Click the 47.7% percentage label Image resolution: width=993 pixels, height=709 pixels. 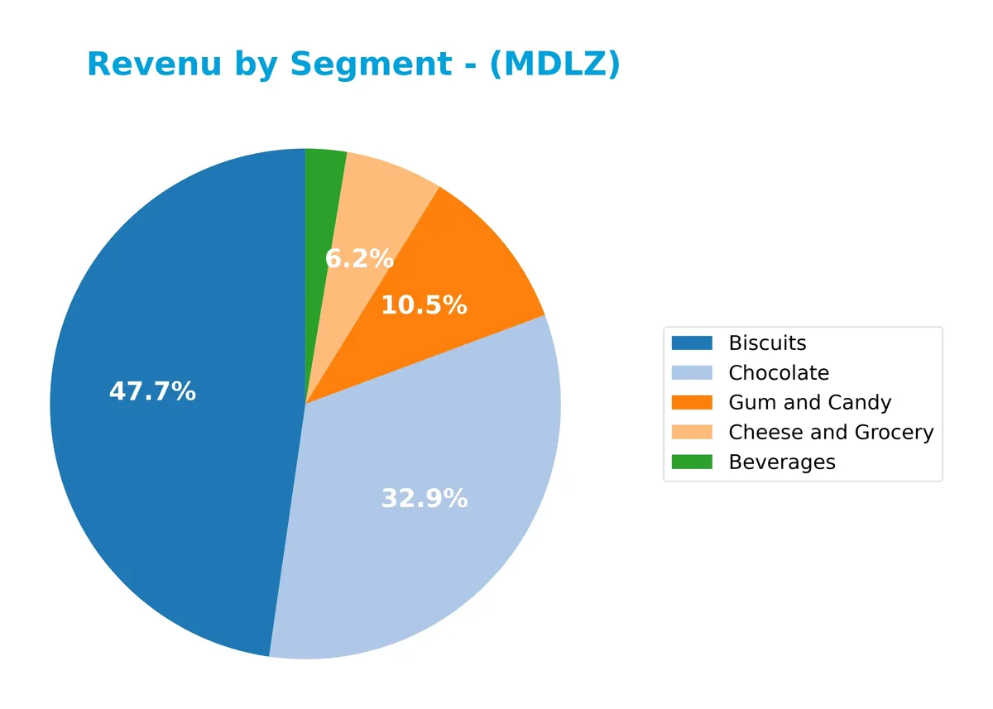click(152, 392)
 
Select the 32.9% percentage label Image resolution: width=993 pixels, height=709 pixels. click(424, 499)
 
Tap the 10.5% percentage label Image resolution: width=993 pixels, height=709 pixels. click(424, 306)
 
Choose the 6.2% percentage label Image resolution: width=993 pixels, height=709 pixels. click(359, 260)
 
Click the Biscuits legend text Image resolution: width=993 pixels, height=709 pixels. click(767, 343)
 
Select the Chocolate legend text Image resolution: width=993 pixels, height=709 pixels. click(778, 373)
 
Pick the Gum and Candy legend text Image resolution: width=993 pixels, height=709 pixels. click(809, 403)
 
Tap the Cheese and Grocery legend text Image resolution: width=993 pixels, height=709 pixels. click(831, 433)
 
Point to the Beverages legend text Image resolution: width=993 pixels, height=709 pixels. click(781, 462)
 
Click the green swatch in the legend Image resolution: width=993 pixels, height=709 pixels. click(692, 462)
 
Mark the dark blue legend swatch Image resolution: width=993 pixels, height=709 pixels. click(692, 343)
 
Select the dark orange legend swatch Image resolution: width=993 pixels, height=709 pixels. click(692, 403)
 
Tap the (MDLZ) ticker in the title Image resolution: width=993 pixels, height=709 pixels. click(554, 65)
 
